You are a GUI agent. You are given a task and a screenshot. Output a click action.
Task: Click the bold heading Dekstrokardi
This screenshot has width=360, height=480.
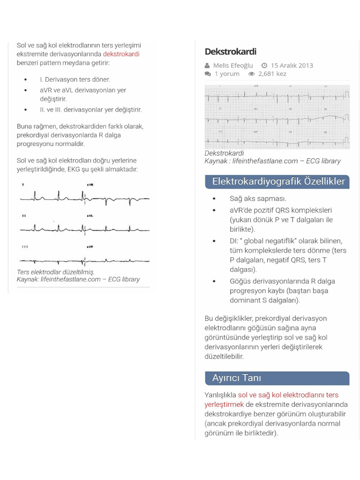[230, 52]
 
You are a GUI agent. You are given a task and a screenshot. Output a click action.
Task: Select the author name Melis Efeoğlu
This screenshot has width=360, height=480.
[233, 66]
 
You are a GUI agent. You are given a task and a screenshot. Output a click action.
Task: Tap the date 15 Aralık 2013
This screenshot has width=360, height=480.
[292, 66]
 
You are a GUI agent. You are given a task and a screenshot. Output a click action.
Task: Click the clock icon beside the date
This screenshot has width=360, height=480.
[264, 66]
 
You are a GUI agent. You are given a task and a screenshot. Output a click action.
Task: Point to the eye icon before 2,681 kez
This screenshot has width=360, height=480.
[251, 74]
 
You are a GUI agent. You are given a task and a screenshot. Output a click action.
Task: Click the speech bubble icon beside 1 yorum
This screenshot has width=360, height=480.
[208, 74]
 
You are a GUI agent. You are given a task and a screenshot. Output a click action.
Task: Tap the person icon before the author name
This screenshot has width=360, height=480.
[207, 66]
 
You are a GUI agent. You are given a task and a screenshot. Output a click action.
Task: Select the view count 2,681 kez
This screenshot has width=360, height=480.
[272, 74]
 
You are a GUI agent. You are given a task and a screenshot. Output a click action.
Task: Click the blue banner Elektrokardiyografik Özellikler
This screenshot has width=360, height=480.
[278, 181]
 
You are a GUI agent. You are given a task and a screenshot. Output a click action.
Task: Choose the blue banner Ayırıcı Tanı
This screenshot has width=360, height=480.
[237, 378]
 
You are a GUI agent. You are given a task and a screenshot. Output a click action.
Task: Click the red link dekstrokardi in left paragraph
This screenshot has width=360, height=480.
[121, 54]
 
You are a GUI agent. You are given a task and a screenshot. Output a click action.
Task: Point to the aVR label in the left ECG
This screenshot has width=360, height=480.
[90, 185]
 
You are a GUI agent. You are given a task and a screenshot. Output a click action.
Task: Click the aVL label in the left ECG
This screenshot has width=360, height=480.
[90, 216]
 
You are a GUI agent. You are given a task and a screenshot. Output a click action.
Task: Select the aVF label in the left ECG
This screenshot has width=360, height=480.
[90, 247]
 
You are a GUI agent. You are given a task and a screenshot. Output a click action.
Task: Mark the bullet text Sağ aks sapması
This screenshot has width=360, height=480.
[258, 199]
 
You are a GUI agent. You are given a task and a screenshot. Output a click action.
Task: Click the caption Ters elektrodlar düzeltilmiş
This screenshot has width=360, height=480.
[56, 272]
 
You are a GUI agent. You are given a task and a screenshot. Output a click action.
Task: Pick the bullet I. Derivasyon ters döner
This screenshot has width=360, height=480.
[75, 80]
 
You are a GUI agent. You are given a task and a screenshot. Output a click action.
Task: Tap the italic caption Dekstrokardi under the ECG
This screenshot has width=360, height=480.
[224, 153]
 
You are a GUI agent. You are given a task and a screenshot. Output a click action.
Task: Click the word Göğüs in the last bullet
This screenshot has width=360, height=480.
[240, 281]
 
